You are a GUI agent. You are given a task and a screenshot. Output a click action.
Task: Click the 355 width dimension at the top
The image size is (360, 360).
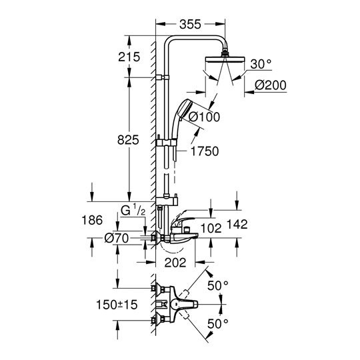190,24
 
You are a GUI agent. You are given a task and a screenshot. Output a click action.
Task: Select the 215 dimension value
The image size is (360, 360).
129,57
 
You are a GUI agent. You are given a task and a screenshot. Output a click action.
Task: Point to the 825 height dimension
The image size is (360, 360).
128,139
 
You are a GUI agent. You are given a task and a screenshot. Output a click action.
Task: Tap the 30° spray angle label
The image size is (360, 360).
261,64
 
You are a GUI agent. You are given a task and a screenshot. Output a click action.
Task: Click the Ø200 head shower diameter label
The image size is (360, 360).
271,85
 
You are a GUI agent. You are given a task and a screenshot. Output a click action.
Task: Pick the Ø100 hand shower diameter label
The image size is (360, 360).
204,117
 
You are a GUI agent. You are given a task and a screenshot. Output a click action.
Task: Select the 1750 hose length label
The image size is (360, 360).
205,151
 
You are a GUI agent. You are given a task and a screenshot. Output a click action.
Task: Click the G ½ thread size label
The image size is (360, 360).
133,211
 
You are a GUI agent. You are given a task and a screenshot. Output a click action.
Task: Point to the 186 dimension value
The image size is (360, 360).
92,220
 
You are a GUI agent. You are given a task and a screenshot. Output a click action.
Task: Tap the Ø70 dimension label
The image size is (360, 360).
117,238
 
